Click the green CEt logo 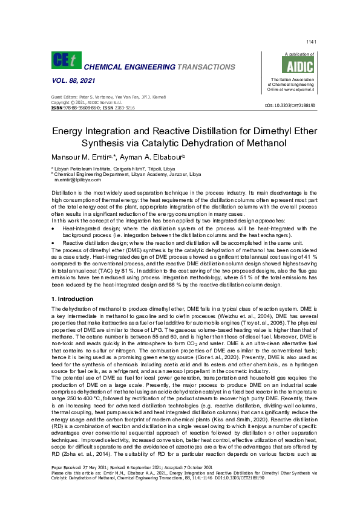pyautogui.click(x=64, y=60)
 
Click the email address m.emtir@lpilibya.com pyautogui.click(x=77, y=180)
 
